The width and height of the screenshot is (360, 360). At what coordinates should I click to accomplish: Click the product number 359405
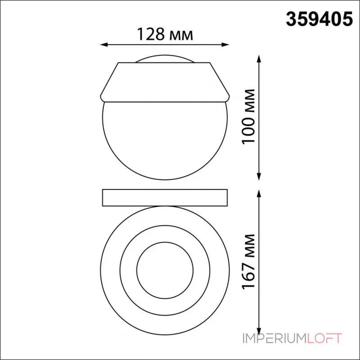[319, 19]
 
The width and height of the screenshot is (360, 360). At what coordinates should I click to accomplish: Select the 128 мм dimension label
[165, 35]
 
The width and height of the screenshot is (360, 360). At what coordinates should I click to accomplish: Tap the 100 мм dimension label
[249, 117]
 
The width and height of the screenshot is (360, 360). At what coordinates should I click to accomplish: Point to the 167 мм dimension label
[249, 261]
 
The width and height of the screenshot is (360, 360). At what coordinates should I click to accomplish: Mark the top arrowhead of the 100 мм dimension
[259, 58]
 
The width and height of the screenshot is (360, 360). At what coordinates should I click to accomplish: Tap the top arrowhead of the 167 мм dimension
[259, 193]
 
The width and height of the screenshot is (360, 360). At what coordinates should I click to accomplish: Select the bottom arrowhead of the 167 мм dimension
[259, 331]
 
